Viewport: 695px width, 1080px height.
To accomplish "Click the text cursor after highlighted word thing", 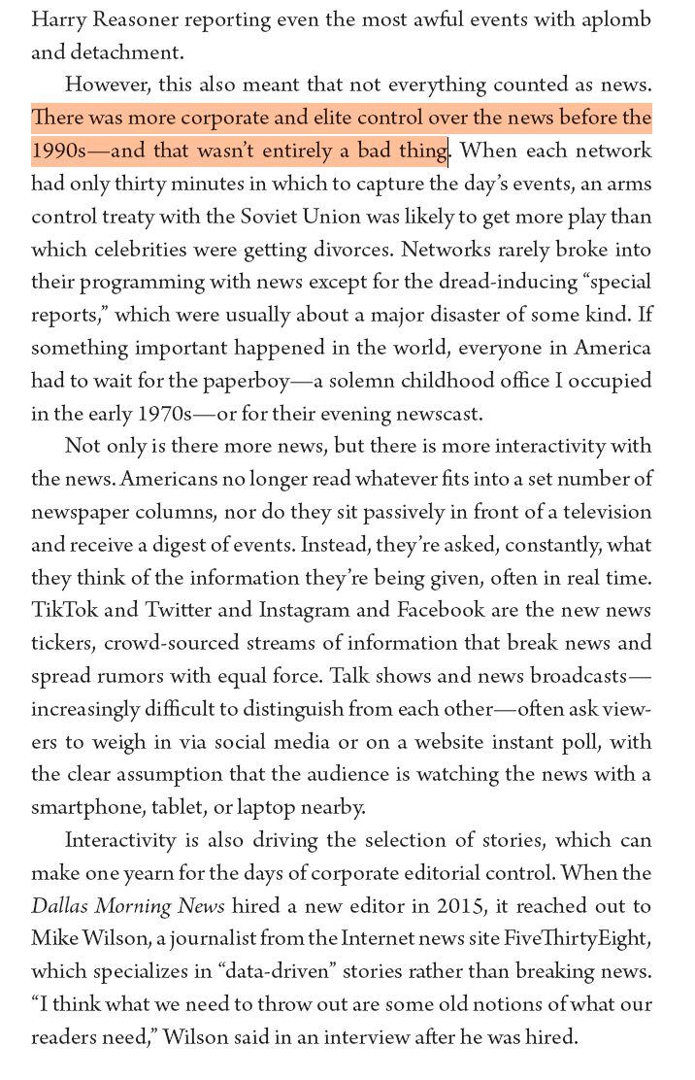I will (448, 152).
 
